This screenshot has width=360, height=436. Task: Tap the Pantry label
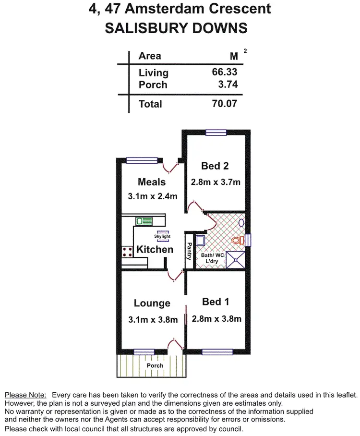point(189,251)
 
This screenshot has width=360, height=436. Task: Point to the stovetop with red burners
point(127,252)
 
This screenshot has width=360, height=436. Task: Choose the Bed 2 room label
point(215,166)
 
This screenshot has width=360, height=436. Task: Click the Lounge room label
point(152,303)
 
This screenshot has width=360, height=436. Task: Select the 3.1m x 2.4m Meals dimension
point(153,196)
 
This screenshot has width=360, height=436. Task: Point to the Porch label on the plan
point(155,365)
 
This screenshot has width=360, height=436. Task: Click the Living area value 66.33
point(225,72)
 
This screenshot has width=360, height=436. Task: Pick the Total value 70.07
point(225,103)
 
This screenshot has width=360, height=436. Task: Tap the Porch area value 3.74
point(227,85)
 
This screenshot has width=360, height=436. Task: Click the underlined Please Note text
point(25,394)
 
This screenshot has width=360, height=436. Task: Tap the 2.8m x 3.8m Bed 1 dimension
point(216,318)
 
